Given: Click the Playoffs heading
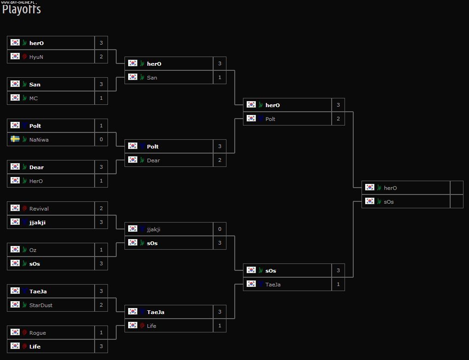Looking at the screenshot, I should coord(22,9).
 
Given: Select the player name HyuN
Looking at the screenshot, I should coord(36,57).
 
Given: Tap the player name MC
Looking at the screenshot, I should coord(34,98).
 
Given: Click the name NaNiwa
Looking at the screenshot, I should coord(39,140).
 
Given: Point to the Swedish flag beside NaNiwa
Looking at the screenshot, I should coord(15,139).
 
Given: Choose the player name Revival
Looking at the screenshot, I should coord(39,209).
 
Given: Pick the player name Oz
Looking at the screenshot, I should coord(33,250).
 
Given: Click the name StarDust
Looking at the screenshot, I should coord(41,305).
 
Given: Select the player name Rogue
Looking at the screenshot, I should coord(37,333).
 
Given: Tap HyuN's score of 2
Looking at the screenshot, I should coord(101,57).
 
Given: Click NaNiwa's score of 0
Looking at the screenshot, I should coord(101,140).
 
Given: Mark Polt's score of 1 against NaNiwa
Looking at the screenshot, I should coord(101,126).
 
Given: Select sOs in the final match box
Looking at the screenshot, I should coord(389,202).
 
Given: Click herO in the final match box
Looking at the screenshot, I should coord(390,188).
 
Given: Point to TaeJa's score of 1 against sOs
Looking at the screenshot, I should coord(338,285).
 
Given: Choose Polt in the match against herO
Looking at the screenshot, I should coord(270,119).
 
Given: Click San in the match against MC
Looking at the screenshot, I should coord(34,85).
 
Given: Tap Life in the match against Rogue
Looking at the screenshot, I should coord(35,347).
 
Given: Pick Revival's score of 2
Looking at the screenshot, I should coord(101,209).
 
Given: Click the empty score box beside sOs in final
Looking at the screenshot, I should coord(457,202).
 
